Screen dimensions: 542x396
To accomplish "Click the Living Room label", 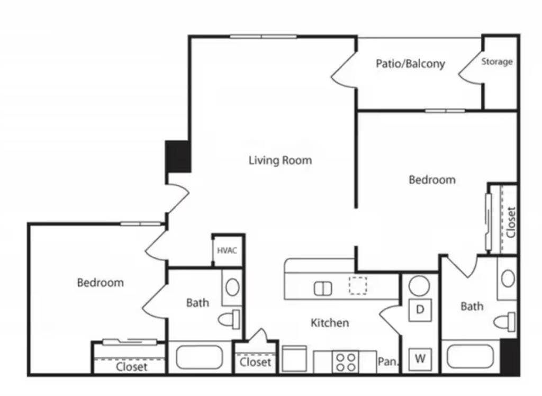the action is coord(281,160).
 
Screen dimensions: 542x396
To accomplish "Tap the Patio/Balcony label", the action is coord(410,64).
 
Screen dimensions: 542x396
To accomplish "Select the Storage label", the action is coord(496,62).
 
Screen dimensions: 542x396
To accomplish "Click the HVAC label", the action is coord(227,250).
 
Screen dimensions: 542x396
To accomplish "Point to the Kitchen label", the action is coord(330,323).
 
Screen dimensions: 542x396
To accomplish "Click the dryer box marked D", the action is coord(420,310).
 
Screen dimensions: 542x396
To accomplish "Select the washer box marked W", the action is coord(420,359).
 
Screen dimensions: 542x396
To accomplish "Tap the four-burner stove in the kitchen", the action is coord(346,362).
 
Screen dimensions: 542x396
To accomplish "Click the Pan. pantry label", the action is coord(388,362).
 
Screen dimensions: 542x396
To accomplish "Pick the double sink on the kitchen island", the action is coord(323,289).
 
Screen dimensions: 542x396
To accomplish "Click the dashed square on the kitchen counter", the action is coord(358,285).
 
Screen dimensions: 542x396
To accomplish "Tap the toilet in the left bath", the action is coord(229,319).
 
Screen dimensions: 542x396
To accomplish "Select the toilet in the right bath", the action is coord(504,322).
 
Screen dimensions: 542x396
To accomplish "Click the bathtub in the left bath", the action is coord(199,357).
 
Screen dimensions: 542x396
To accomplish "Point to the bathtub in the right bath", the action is coord(470,357).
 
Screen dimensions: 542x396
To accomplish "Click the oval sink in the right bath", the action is coord(508,278).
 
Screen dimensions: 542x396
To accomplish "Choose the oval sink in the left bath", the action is coord(232,287).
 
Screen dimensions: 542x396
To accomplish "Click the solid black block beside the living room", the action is coord(178,156).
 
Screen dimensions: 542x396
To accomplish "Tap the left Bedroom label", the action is coord(100,283).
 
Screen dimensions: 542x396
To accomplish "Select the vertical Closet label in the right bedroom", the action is coord(511,222).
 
